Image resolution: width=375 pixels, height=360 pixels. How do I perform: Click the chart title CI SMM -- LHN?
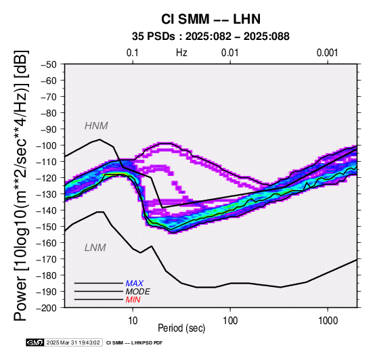pyautogui.click(x=211, y=19)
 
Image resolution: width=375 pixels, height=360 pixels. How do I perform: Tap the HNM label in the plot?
pyautogui.click(x=96, y=126)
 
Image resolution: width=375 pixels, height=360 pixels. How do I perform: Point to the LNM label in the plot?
pyautogui.click(x=95, y=248)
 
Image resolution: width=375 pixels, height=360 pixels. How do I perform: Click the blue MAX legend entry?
pyautogui.click(x=135, y=284)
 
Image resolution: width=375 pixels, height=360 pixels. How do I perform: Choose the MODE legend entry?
pyautogui.click(x=138, y=292)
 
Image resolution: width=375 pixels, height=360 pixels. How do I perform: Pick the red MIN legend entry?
pyautogui.click(x=133, y=300)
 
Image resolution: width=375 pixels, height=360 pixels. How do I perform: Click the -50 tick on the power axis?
pyautogui.click(x=48, y=64)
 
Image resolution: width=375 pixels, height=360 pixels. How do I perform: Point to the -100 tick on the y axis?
pyautogui.click(x=46, y=145)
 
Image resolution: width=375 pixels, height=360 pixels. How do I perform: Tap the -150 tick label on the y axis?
pyautogui.click(x=46, y=227)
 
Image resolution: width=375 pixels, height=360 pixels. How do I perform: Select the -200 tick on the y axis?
pyautogui.click(x=46, y=308)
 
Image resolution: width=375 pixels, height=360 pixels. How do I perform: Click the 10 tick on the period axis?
pyautogui.click(x=133, y=321)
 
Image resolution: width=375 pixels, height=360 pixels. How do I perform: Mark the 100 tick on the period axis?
pyautogui.click(x=230, y=321)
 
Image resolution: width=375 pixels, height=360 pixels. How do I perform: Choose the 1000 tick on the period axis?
pyautogui.click(x=328, y=321)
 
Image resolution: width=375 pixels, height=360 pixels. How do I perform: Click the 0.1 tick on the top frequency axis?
pyautogui.click(x=133, y=53)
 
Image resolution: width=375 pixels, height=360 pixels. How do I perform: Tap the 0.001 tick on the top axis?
pyautogui.click(x=328, y=53)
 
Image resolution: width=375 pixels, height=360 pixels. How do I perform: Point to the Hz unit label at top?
pyautogui.click(x=181, y=53)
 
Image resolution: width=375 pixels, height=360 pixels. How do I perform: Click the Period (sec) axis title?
pyautogui.click(x=181, y=328)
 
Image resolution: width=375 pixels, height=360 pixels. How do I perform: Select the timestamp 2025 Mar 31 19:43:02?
pyautogui.click(x=73, y=342)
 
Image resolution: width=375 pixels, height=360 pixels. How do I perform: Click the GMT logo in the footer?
pyautogui.click(x=35, y=342)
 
